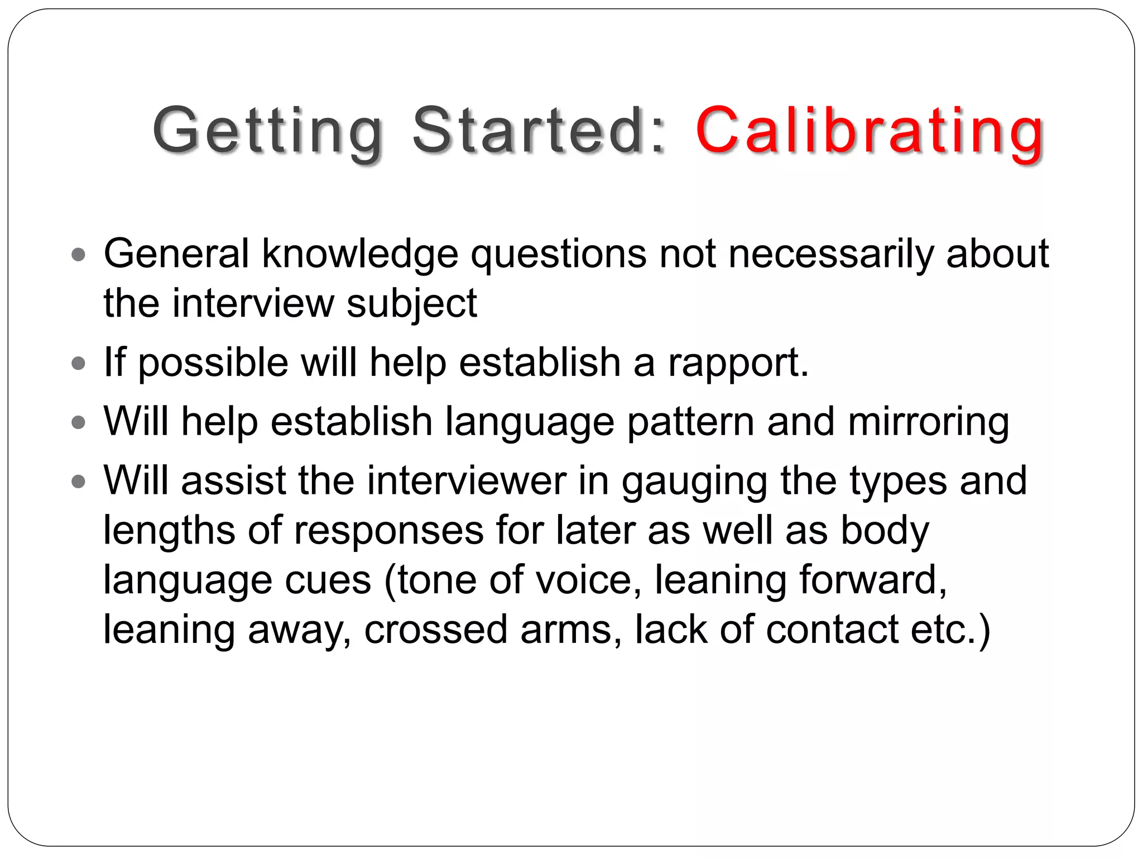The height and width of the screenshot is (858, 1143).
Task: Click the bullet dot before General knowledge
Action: click(79, 256)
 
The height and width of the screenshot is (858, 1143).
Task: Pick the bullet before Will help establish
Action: click(79, 423)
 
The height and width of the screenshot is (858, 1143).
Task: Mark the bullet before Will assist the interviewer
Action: click(79, 482)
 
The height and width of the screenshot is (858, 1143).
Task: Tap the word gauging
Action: click(695, 482)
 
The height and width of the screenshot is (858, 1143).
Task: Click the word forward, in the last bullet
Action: click(873, 579)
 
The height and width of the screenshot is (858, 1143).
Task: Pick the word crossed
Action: click(436, 629)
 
